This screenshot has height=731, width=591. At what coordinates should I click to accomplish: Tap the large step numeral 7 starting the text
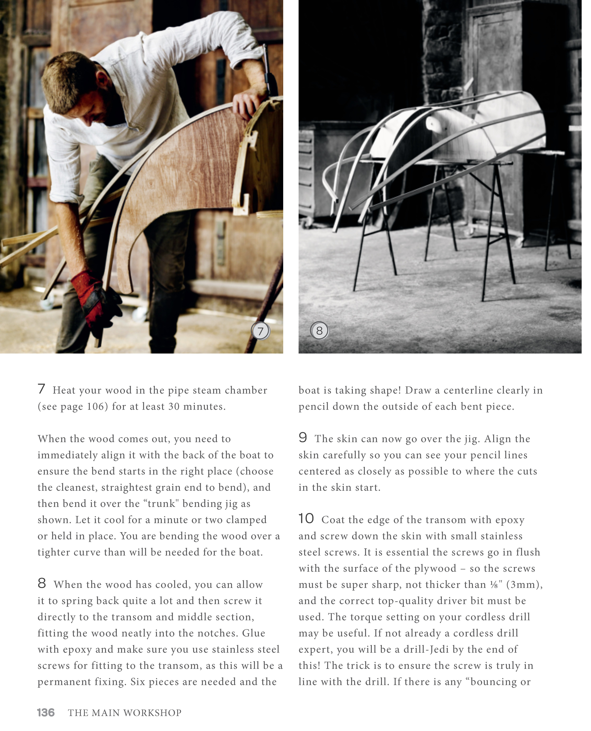tap(41, 389)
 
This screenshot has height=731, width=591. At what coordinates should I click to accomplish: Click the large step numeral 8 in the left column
tap(42, 583)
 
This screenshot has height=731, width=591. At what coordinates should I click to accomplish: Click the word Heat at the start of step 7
tap(64, 391)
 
